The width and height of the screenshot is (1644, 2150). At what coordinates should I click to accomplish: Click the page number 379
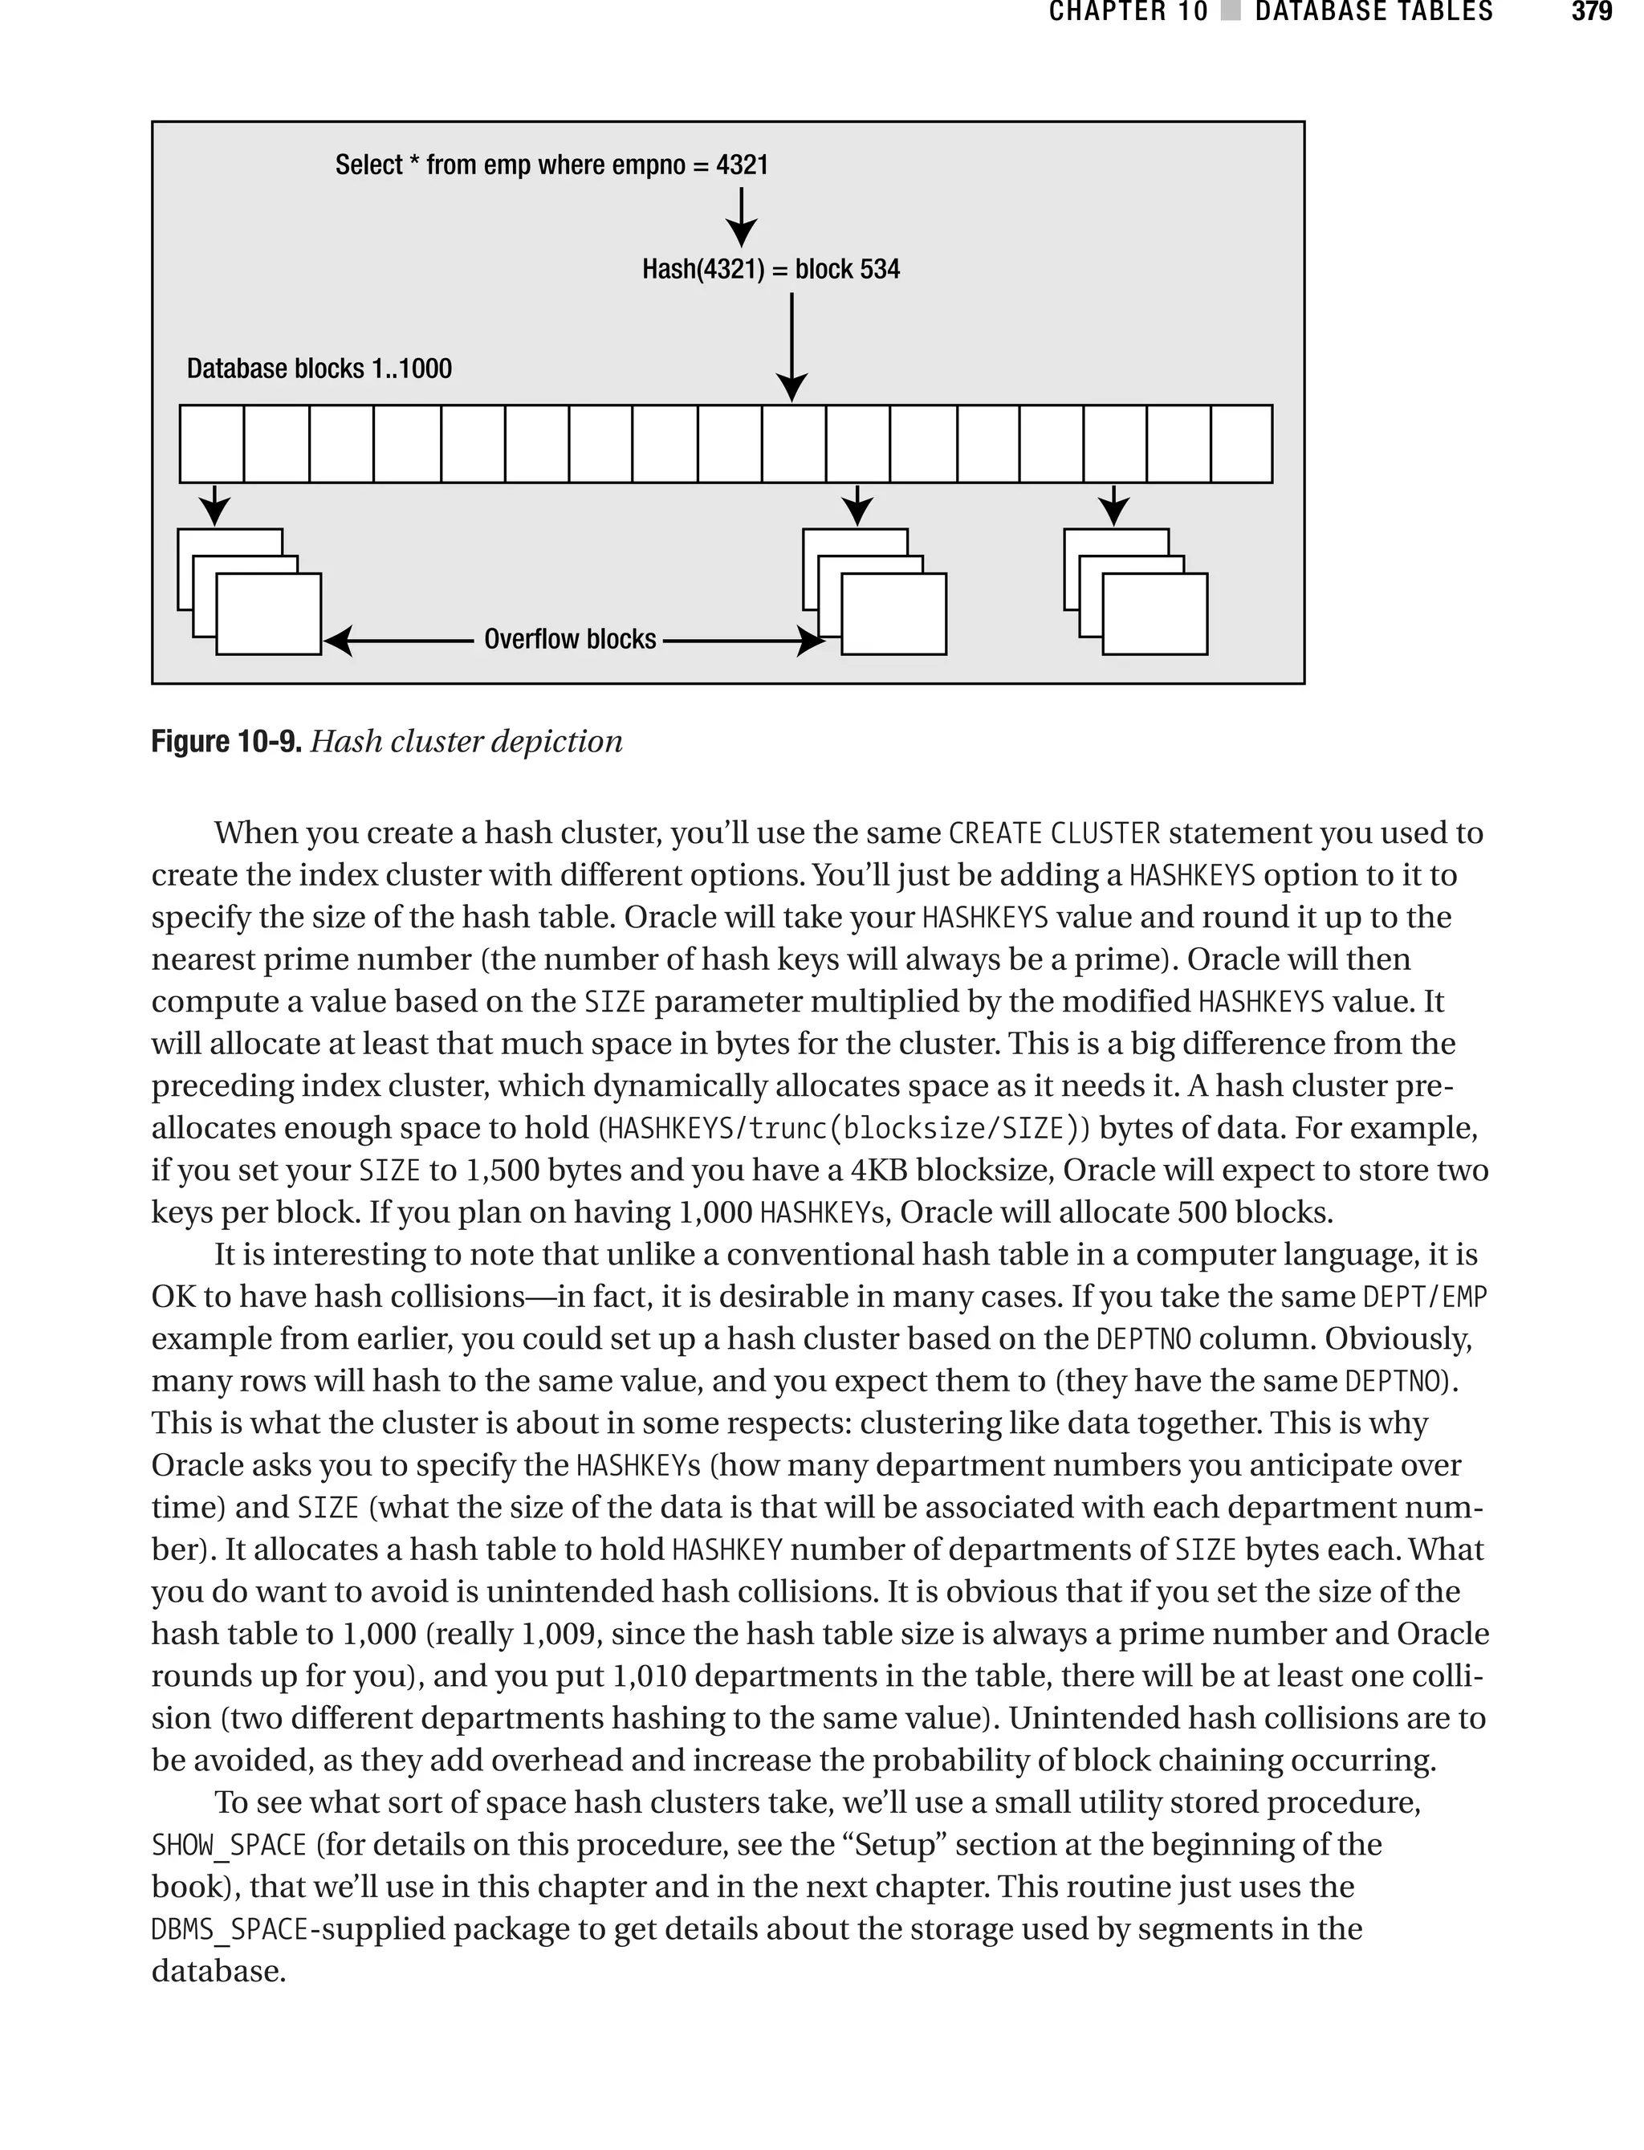(x=1591, y=12)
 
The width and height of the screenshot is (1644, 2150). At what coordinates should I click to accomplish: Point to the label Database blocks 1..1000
(x=319, y=369)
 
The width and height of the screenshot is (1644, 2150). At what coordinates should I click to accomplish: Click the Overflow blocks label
(x=569, y=640)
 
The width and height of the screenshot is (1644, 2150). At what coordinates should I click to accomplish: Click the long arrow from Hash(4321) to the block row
(x=791, y=348)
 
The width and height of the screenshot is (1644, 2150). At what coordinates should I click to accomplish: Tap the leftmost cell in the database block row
(x=211, y=444)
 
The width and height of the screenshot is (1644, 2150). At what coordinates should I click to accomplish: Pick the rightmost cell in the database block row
(x=1241, y=444)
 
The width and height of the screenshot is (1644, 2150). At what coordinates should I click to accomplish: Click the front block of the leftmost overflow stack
(x=268, y=614)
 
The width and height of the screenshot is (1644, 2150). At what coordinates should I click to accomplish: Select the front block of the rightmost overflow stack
(x=1154, y=614)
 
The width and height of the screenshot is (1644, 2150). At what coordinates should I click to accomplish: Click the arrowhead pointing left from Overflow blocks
(x=339, y=642)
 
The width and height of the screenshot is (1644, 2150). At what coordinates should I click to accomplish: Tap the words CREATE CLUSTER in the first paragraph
(x=1054, y=834)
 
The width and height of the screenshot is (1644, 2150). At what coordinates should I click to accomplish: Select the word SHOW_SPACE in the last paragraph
(x=229, y=1846)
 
